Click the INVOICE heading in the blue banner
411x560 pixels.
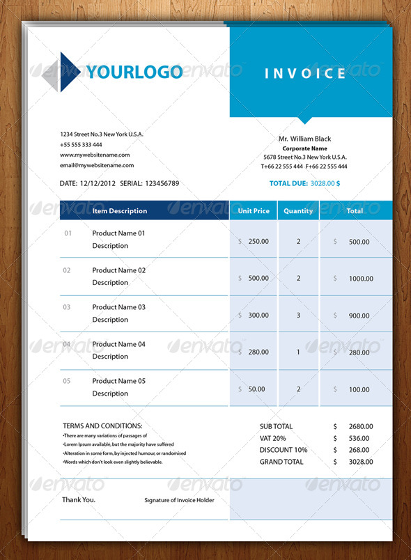click(305, 73)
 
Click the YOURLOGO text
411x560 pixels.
click(134, 72)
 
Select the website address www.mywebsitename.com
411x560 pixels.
click(95, 155)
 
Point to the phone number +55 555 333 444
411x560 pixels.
click(81, 144)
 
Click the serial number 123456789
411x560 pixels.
click(162, 184)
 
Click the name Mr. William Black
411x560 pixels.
click(304, 139)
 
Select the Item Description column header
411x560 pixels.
click(120, 211)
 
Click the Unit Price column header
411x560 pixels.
click(254, 211)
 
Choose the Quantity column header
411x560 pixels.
click(298, 211)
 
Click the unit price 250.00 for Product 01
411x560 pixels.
click(258, 242)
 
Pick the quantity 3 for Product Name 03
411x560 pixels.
click(298, 316)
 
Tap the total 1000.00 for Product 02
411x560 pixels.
click(361, 279)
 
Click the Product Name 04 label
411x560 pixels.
click(118, 344)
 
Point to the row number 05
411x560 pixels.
click(67, 381)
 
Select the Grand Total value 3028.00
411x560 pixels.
click(361, 462)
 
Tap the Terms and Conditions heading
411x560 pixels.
click(102, 426)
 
